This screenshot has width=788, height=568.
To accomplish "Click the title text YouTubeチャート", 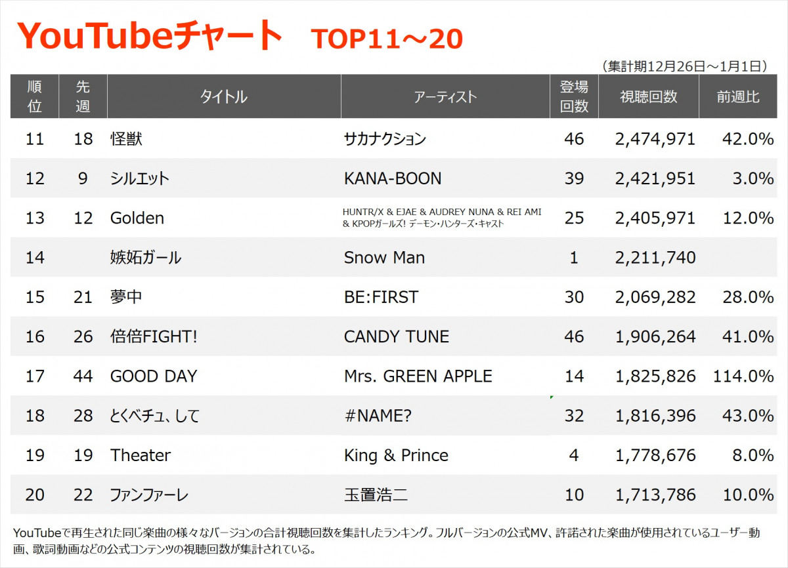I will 150,36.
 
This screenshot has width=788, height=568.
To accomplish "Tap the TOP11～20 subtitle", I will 387,39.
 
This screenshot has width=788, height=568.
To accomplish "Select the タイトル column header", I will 223,97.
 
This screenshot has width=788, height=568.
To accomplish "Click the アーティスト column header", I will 445,97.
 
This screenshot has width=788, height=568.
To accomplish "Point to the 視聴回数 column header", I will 648,97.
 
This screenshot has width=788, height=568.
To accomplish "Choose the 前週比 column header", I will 738,97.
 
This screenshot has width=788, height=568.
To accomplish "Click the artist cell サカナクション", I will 385,139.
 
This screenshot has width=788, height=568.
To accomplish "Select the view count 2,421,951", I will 655,178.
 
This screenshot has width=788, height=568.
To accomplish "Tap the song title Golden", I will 137,218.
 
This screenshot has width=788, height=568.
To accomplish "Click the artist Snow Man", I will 384,258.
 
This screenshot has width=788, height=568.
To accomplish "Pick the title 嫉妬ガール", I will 145,258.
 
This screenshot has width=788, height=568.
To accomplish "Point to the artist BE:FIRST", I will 381,297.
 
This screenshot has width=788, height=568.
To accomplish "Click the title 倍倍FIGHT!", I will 154,336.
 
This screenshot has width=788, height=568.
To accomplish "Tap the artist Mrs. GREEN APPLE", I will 418,376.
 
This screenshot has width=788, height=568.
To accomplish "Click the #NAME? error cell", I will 378,416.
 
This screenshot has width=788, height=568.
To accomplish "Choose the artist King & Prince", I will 396,455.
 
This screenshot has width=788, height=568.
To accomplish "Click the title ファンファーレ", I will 149,495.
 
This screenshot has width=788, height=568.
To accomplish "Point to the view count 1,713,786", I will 655,495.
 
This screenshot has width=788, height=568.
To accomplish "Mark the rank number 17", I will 34,376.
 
